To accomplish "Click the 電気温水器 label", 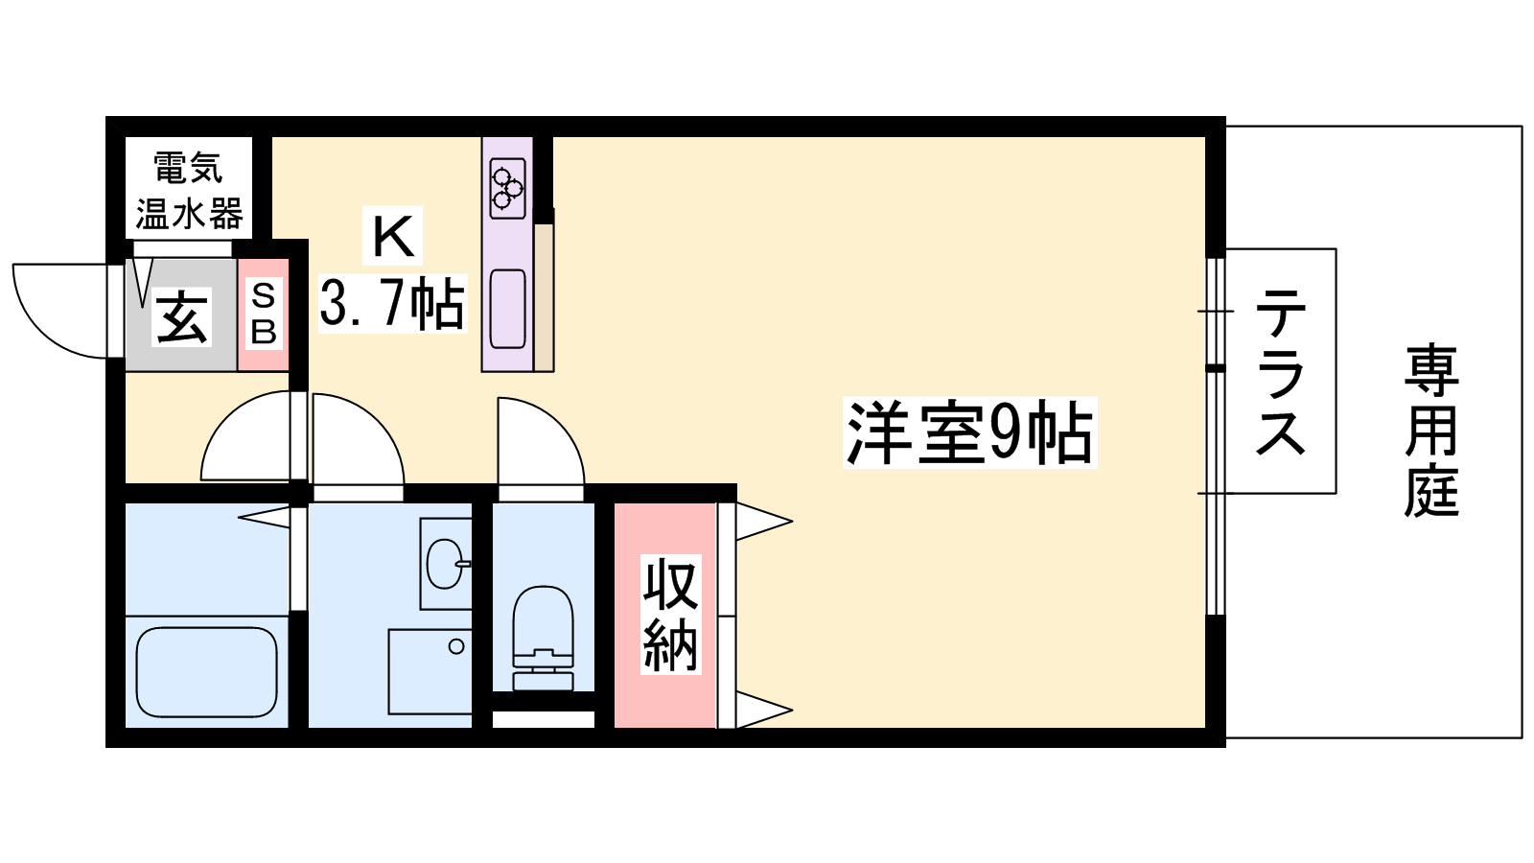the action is click(189, 191).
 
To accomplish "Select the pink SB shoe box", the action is click(263, 315).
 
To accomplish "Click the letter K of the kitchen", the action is click(392, 236).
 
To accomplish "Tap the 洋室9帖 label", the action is click(969, 432).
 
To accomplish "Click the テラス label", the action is click(1280, 371).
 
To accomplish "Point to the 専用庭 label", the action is click(1430, 431).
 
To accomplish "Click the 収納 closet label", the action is click(670, 615).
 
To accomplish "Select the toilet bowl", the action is click(543, 637).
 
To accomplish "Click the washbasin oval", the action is click(445, 565).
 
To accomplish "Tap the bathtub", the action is click(206, 672).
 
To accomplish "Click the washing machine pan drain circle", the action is click(456, 646).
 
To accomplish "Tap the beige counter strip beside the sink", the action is click(544, 297).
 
